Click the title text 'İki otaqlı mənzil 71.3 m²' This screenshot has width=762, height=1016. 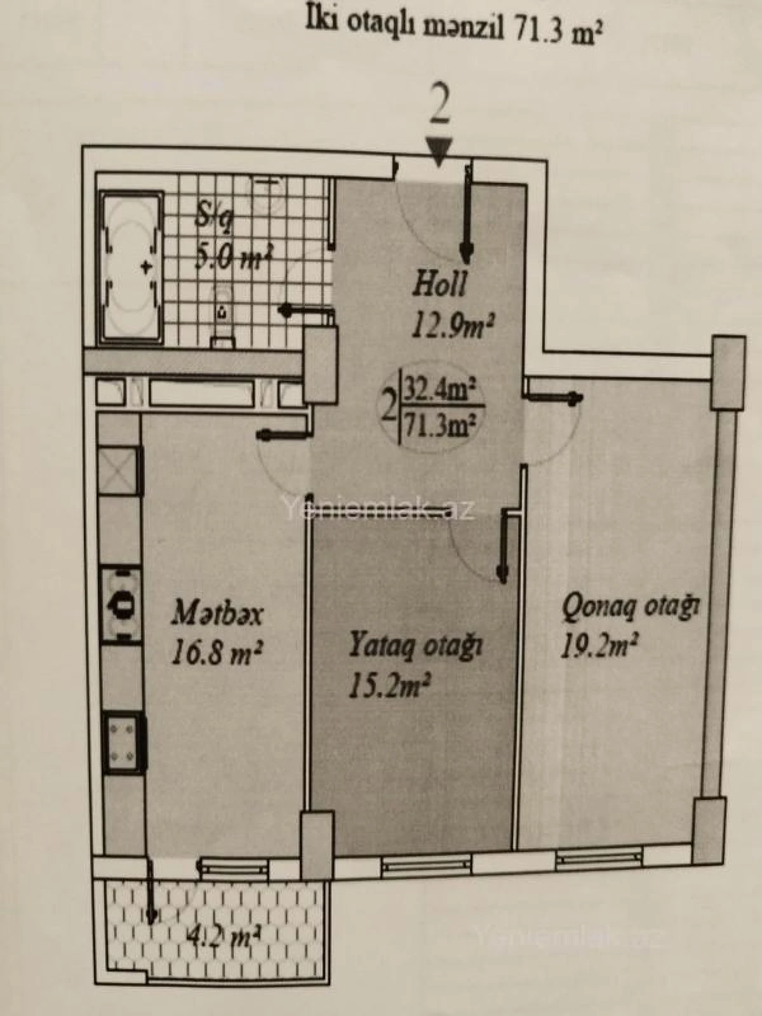pyautogui.click(x=453, y=29)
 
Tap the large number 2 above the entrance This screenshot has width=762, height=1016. pyautogui.click(x=439, y=106)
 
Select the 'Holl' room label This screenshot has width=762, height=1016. pyautogui.click(x=440, y=284)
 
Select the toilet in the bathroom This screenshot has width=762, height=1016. pyautogui.click(x=222, y=321)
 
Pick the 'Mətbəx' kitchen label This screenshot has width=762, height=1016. pyautogui.click(x=217, y=615)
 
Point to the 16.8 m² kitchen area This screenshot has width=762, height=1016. pyautogui.click(x=216, y=652)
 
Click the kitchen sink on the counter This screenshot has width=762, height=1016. pyautogui.click(x=121, y=603)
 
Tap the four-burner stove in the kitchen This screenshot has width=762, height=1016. pyautogui.click(x=123, y=740)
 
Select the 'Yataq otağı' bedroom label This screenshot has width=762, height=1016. pyautogui.click(x=416, y=645)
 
